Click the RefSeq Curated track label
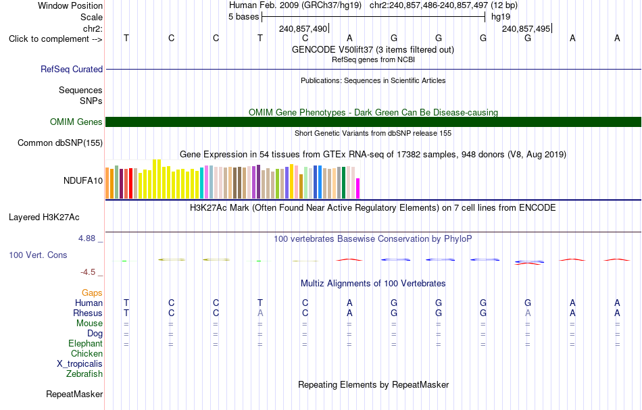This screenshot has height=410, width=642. click(x=71, y=69)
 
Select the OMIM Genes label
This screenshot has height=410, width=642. click(x=76, y=122)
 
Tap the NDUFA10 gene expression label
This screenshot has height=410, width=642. click(x=83, y=181)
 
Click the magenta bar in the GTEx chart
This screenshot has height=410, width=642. click(x=358, y=188)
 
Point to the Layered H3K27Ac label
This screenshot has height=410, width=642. click(x=44, y=217)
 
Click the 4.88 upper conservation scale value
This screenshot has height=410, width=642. click(x=87, y=238)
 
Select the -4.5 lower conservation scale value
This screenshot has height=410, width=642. click(x=88, y=272)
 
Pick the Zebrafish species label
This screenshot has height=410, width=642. click(x=84, y=374)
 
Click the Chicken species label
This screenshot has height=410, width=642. click(x=87, y=353)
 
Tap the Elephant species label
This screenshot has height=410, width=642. click(x=86, y=343)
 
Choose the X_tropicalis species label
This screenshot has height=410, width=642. click(x=80, y=364)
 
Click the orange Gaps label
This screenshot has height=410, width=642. click(x=92, y=293)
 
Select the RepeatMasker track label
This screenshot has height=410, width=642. click(x=74, y=394)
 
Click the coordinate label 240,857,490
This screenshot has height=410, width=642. click(x=303, y=28)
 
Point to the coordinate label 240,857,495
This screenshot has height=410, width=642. click(x=526, y=28)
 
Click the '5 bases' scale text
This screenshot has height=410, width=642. click(x=243, y=17)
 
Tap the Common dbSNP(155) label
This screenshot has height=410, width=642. click(x=60, y=143)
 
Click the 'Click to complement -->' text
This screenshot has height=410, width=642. click(x=55, y=39)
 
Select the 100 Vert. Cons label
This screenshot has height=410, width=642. click(x=38, y=255)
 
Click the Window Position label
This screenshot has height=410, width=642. click(x=70, y=5)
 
